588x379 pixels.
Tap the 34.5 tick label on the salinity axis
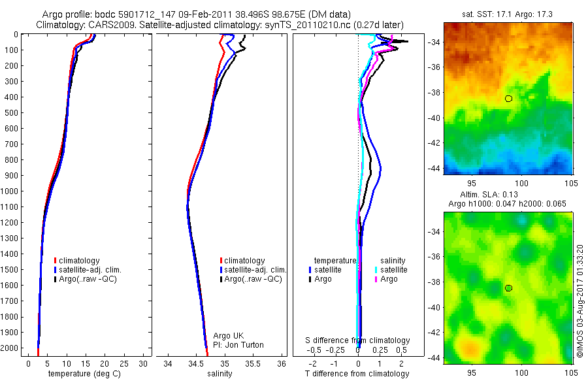tap(195, 363)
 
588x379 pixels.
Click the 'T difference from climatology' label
tap(358, 374)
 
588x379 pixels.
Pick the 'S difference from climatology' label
tap(358, 340)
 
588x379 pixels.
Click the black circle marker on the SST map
tap(508, 99)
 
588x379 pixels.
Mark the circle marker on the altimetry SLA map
tap(508, 288)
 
